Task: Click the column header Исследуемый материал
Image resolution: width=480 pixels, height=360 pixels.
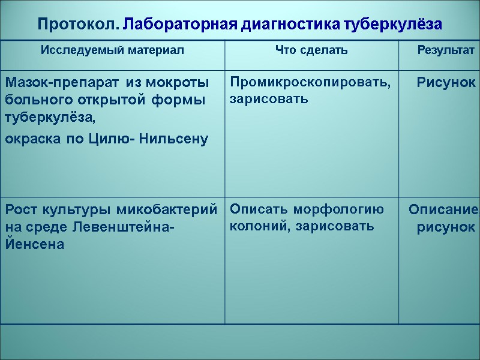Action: (113, 50)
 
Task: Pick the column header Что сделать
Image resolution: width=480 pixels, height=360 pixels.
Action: (311, 50)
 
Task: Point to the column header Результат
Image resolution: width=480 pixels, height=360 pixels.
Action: (446, 50)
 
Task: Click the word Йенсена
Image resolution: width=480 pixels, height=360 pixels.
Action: (34, 245)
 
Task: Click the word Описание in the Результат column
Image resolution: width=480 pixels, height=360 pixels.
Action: (443, 210)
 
